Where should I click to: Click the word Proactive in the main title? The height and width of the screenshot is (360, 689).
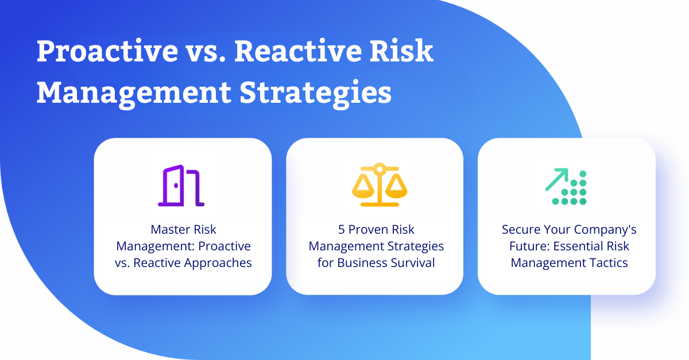[107, 51]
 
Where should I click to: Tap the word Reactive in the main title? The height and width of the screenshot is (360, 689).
[298, 50]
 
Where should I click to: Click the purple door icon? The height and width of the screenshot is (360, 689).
[181, 185]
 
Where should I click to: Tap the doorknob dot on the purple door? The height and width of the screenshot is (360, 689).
[176, 185]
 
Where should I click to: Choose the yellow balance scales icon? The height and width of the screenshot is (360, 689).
[380, 184]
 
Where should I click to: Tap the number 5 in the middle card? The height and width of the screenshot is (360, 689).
[342, 230]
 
